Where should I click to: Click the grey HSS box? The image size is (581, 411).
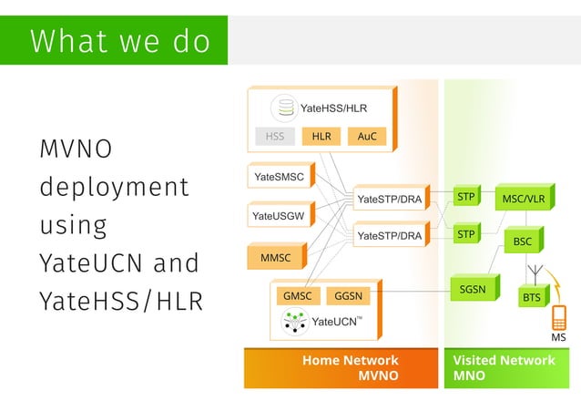(275, 137)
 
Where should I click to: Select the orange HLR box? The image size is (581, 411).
(321, 137)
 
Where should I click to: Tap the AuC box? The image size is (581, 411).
(367, 137)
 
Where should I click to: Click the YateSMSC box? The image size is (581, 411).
(280, 176)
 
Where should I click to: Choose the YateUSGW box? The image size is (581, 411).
(280, 216)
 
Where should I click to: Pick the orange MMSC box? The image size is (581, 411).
(276, 258)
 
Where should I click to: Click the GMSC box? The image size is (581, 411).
(298, 296)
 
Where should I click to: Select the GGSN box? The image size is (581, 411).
(350, 296)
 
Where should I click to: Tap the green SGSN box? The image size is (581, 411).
(471, 290)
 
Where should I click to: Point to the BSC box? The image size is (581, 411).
(523, 241)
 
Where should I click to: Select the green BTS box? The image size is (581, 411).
(531, 297)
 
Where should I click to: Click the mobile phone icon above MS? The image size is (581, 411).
(559, 317)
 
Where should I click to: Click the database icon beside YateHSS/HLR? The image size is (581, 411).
(285, 108)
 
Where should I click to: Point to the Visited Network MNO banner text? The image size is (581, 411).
(504, 367)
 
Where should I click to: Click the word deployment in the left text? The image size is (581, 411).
(114, 187)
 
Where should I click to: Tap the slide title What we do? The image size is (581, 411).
(119, 41)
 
